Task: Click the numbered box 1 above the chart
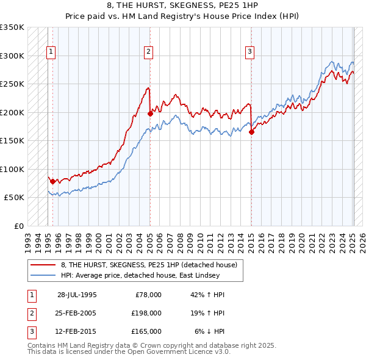coord(50,52)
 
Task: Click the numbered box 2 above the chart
coord(148,52)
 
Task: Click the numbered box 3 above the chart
coord(249,52)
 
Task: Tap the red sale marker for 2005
coord(151,113)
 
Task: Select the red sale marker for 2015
coord(251,132)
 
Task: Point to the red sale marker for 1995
coord(53,181)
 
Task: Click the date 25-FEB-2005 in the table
coord(77,313)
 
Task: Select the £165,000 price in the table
coord(146,331)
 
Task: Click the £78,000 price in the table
coord(148,295)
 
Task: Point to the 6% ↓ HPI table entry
coord(210,331)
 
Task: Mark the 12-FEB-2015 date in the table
coord(77,331)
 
